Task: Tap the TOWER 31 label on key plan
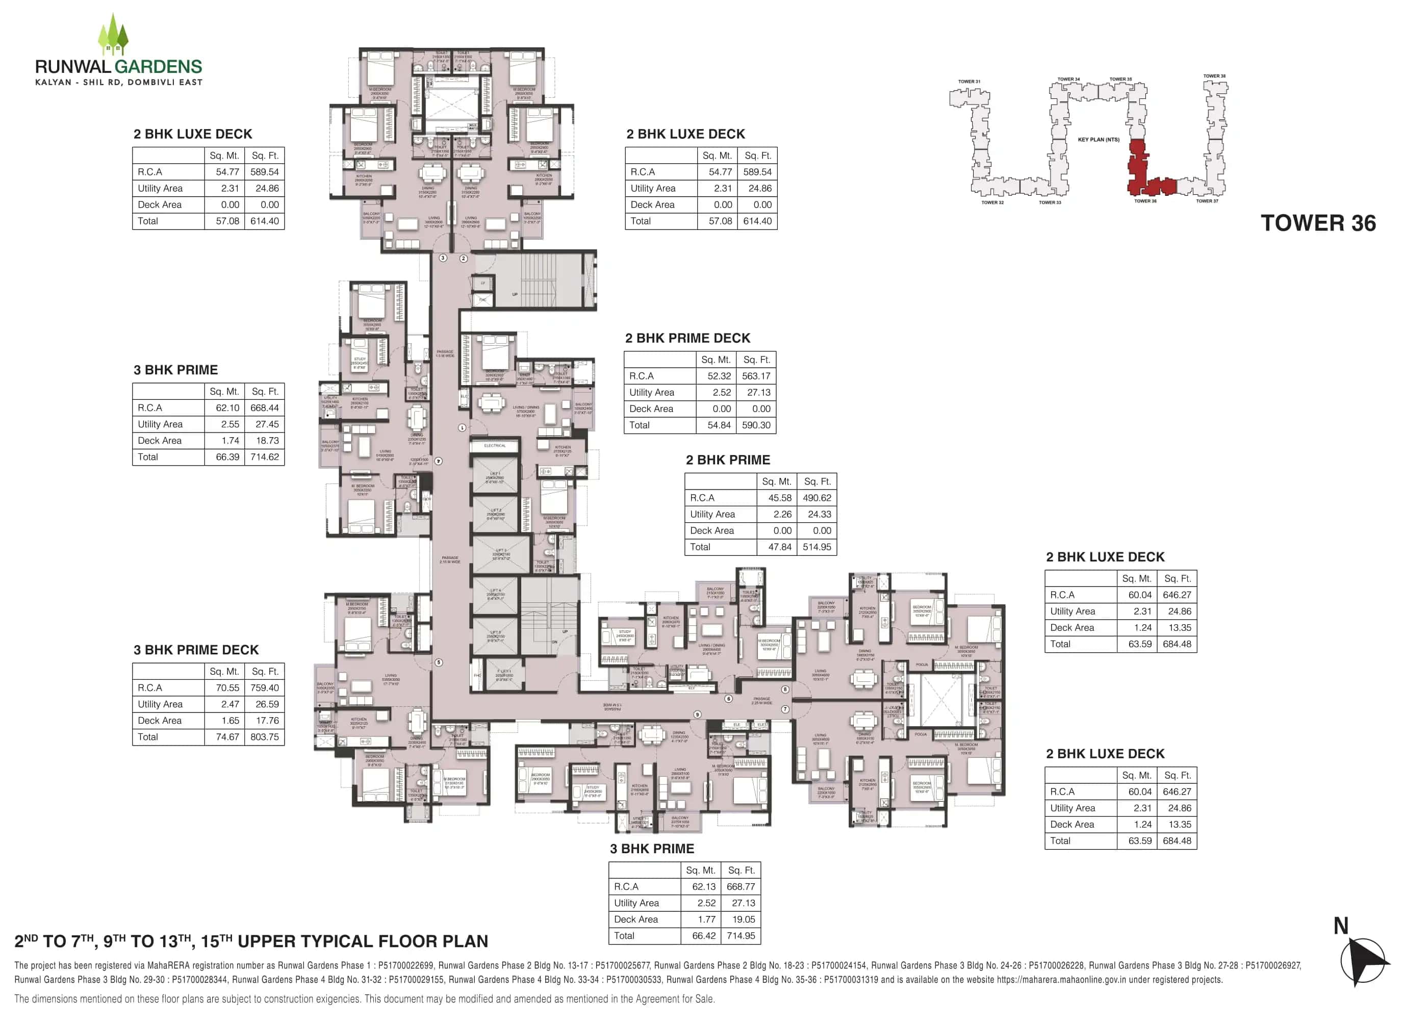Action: pyautogui.click(x=968, y=82)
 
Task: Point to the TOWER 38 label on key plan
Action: pyautogui.click(x=1214, y=76)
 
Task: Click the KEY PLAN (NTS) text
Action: pyautogui.click(x=1099, y=139)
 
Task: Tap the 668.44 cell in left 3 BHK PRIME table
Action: pyautogui.click(x=264, y=407)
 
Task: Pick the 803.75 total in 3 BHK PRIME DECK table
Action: pyautogui.click(x=264, y=737)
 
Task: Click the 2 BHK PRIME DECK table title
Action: pyautogui.click(x=687, y=338)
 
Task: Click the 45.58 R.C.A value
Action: pyautogui.click(x=779, y=497)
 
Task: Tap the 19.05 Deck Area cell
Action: pyautogui.click(x=743, y=919)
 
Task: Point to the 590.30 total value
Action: pyautogui.click(x=755, y=425)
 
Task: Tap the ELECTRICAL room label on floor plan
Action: pyautogui.click(x=494, y=445)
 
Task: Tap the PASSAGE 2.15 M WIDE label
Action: pyautogui.click(x=450, y=559)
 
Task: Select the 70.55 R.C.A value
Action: pyautogui.click(x=227, y=688)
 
